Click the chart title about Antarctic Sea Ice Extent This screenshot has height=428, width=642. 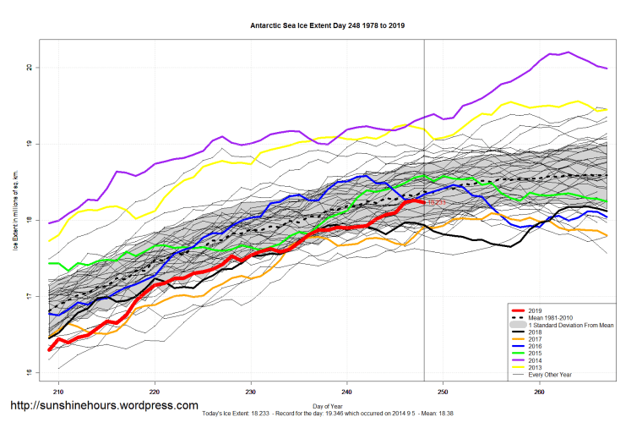(328, 25)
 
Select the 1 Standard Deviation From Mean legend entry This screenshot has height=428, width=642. (570, 325)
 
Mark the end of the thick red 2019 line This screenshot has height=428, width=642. (423, 202)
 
